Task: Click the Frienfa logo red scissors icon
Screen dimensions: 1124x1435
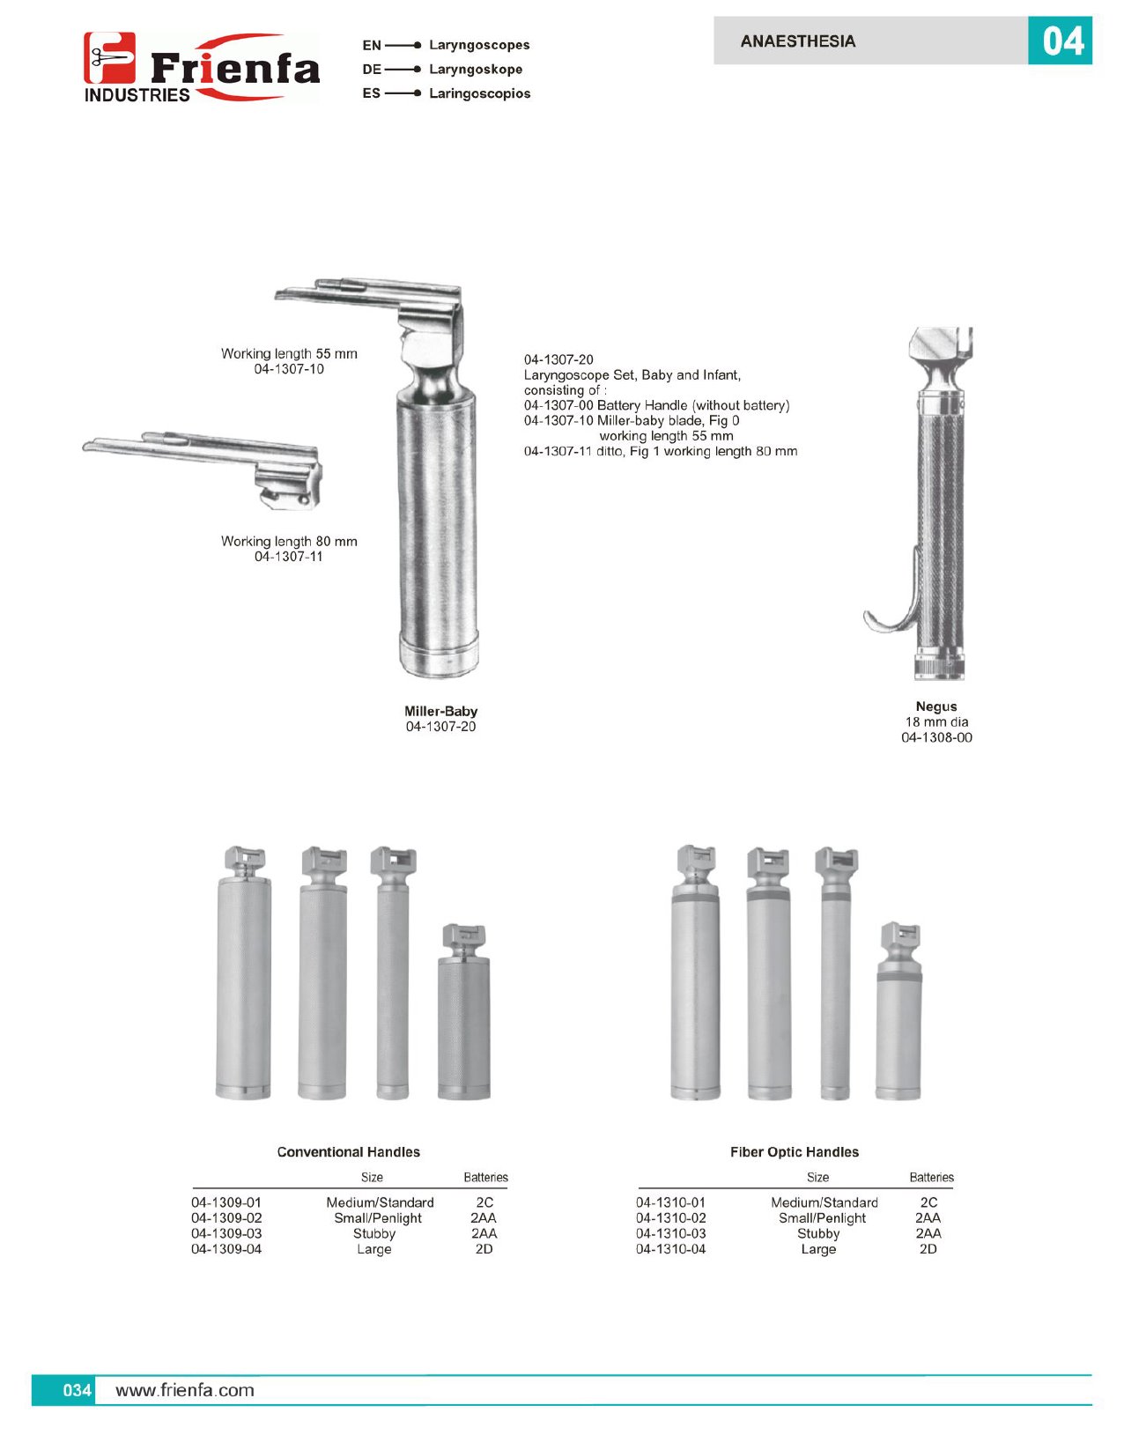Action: point(109,58)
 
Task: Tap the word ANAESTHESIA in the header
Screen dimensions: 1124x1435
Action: point(798,41)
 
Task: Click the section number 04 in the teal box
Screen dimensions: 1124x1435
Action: point(1062,41)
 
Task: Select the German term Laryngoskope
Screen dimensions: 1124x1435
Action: point(476,70)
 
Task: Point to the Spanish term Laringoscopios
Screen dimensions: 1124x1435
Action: point(479,93)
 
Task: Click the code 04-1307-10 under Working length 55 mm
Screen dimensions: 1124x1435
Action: point(289,369)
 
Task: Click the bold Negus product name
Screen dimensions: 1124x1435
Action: point(935,706)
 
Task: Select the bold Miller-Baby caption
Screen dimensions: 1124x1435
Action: point(440,711)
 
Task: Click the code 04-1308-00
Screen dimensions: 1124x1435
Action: point(936,737)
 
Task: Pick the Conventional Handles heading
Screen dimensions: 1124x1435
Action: point(348,1152)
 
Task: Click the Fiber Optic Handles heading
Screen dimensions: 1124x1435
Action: point(795,1152)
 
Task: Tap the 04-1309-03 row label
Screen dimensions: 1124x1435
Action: point(226,1233)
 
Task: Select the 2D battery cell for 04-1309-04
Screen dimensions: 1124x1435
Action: point(484,1249)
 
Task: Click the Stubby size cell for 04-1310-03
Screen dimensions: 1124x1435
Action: point(818,1233)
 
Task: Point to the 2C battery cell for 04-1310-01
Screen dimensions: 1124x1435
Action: point(928,1202)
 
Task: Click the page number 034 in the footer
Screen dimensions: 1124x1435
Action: point(77,1390)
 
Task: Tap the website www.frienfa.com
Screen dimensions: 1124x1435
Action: point(185,1390)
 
